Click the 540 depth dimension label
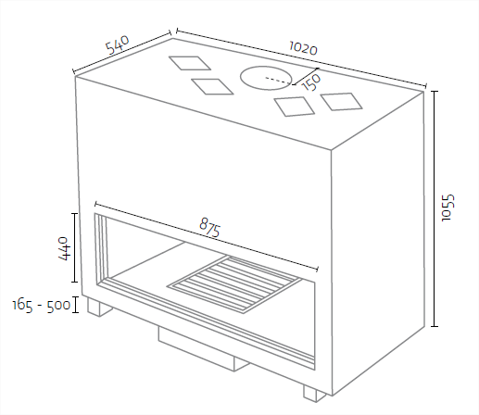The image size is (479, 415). pos(117,44)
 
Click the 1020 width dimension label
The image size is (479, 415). pos(303,48)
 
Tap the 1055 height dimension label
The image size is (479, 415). pos(448,207)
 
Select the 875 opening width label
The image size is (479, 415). pos(210,227)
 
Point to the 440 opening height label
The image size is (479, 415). pos(65,248)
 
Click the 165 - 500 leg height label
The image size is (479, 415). pos(42,306)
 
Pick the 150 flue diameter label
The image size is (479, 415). pos(311,82)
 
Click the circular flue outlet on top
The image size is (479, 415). pos(266,66)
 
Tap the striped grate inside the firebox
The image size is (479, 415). pos(234,284)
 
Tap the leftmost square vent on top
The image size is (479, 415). pos(190,63)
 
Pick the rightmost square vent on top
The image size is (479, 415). pos(342,102)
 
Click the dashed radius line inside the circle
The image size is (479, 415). pos(278,81)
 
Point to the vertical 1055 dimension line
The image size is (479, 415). pos(435,208)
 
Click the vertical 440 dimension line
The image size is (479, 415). pos(75,247)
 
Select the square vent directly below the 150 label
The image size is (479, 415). pos(295,107)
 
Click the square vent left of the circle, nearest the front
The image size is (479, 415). pos(212,86)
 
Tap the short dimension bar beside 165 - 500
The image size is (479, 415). pos(75,305)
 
